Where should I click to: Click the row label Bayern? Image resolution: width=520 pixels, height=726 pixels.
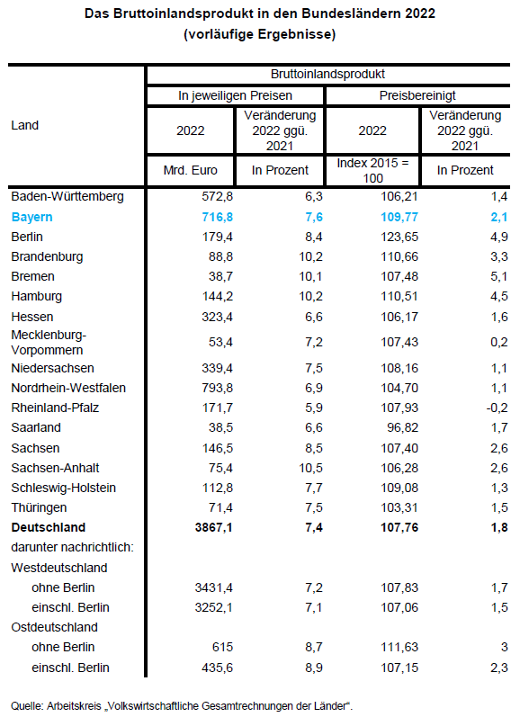click(31, 217)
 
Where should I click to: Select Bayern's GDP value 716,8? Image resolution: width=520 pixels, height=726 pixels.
click(217, 217)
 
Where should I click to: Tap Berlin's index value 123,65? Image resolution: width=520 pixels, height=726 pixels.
click(399, 238)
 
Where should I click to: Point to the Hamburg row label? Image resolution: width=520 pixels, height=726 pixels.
click(37, 296)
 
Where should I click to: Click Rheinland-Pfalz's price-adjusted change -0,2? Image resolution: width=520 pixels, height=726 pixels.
click(497, 408)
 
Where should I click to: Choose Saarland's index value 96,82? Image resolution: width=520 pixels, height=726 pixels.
click(402, 428)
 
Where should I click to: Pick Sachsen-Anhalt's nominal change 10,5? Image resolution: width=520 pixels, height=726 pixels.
click(310, 468)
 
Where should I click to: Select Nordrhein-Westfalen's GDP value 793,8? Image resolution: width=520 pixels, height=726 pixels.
click(217, 388)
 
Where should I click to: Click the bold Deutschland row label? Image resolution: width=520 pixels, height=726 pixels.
click(49, 527)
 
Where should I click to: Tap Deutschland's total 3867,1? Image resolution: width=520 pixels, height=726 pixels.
click(214, 527)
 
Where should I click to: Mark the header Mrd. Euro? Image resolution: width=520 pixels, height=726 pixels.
click(191, 170)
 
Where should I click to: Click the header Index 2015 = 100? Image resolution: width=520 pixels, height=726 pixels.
click(372, 170)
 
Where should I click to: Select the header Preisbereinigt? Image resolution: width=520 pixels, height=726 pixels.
click(417, 96)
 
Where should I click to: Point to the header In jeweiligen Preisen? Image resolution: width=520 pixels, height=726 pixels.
click(235, 96)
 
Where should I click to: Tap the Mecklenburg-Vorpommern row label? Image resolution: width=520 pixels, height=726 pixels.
click(49, 343)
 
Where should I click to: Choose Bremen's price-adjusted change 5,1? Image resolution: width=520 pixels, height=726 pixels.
click(499, 277)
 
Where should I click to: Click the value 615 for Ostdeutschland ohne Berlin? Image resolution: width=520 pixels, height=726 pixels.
click(222, 648)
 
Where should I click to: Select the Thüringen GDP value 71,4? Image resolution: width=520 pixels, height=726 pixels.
click(220, 508)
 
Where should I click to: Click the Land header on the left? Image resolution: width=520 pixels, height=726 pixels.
click(24, 125)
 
